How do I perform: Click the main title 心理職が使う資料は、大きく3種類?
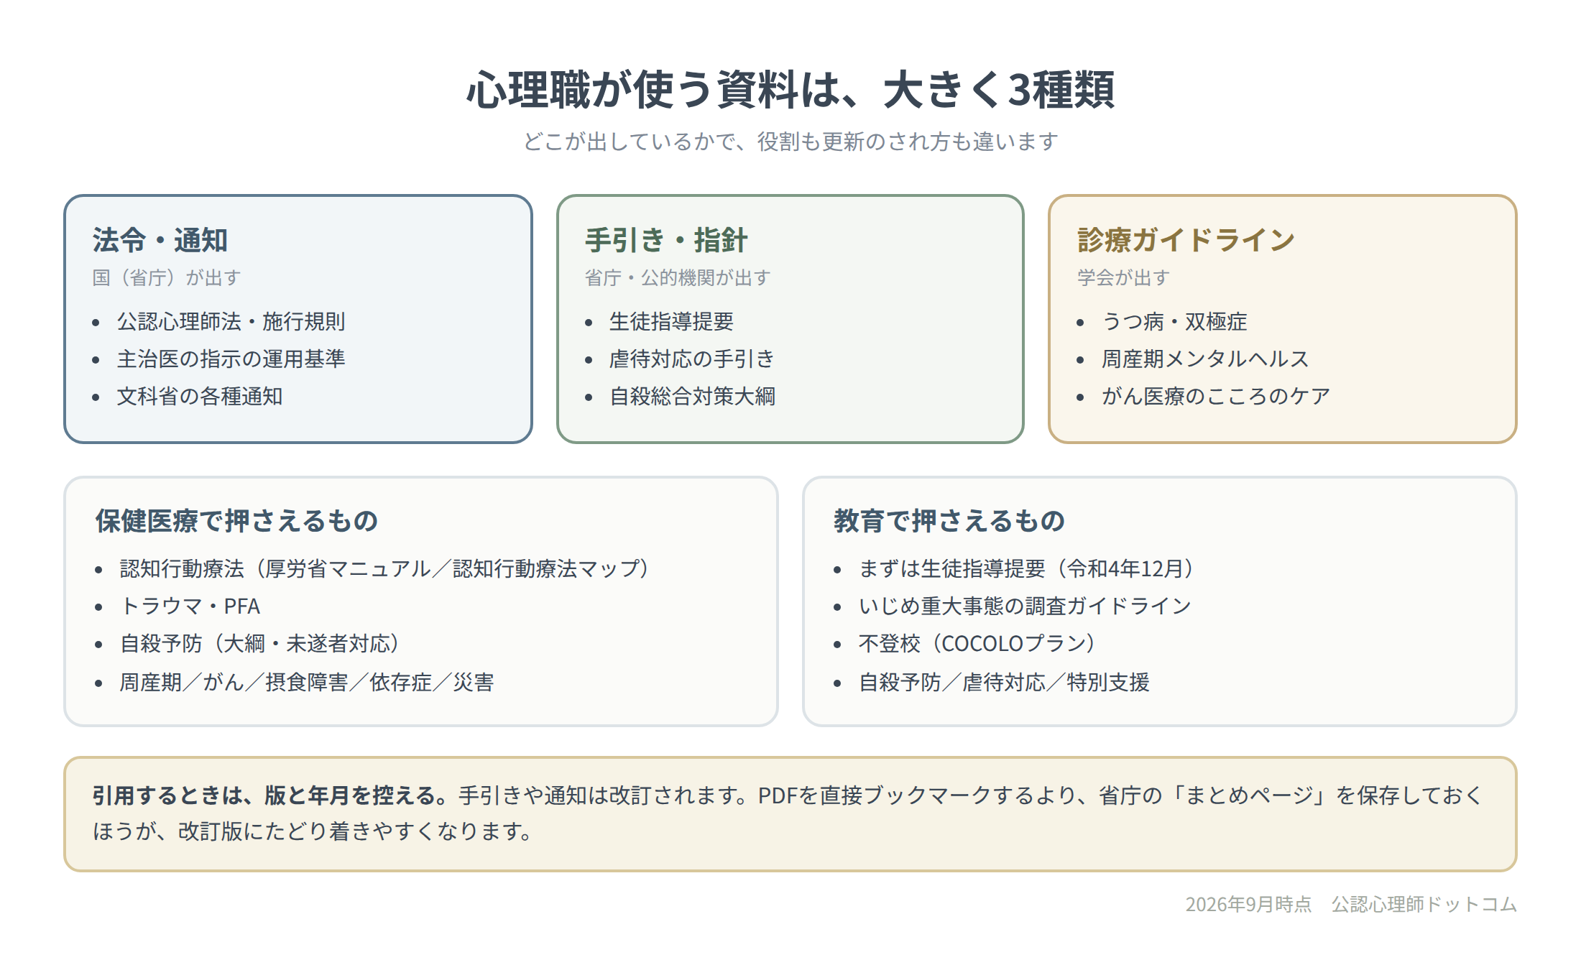tap(790, 90)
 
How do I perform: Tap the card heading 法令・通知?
tap(160, 240)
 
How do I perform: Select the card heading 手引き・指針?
tap(666, 240)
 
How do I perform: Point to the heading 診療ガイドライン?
tap(1186, 240)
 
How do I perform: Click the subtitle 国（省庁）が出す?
tap(167, 277)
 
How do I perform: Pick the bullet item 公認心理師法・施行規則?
tap(231, 321)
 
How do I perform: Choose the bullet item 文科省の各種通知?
tap(200, 396)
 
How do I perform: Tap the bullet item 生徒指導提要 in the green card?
tap(671, 321)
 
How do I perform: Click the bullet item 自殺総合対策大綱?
tap(692, 396)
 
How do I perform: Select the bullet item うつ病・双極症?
tap(1174, 321)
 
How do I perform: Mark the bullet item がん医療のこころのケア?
tap(1216, 396)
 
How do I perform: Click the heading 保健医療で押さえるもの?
tap(237, 521)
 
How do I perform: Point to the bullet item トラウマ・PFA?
tap(190, 606)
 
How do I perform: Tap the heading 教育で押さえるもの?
tap(949, 521)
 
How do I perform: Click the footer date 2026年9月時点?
tap(1248, 904)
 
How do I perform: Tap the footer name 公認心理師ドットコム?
tap(1424, 904)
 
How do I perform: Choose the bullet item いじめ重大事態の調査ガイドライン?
tap(1025, 606)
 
